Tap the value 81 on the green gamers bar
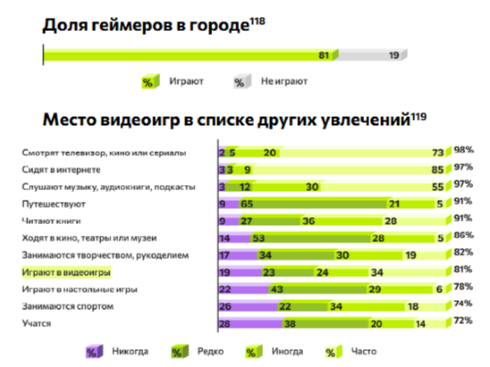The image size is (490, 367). [x=323, y=56]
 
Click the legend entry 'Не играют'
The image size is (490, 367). [x=284, y=82]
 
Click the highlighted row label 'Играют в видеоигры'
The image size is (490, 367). [x=66, y=273]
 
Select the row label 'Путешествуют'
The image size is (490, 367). [x=54, y=204]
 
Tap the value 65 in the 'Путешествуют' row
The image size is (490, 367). [x=247, y=204]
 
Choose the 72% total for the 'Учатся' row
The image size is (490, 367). [x=463, y=321]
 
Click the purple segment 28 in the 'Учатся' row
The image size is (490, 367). [x=225, y=324]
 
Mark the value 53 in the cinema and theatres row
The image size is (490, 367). [x=260, y=238]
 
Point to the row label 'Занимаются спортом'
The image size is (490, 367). [x=67, y=307]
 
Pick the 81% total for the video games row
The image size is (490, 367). [x=463, y=270]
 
